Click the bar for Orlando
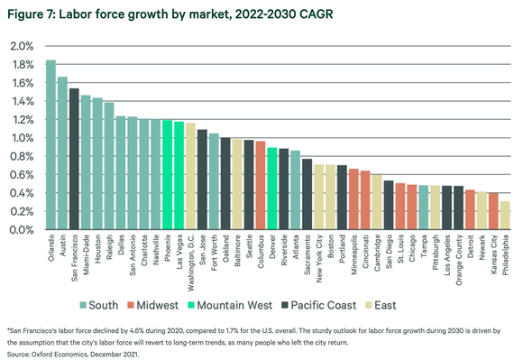pos(50,144)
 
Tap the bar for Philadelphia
pos(505,216)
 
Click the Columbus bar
pos(260,186)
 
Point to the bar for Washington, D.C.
pos(190,176)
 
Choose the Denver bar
pos(271,189)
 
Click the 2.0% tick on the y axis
pos(22,46)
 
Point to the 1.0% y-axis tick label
pos(22,138)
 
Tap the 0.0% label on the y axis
pos(22,230)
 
